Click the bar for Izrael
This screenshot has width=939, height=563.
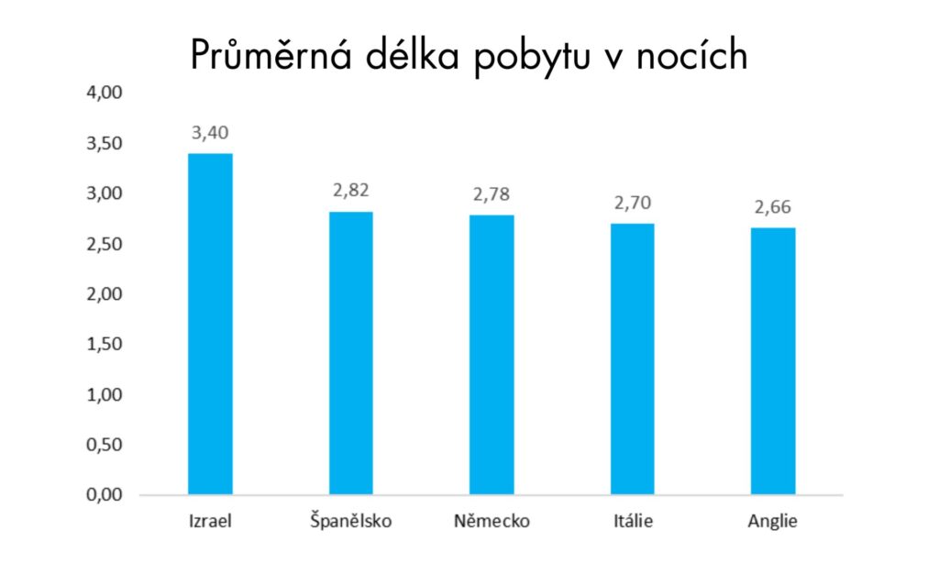(x=210, y=324)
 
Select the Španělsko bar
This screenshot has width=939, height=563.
(x=350, y=353)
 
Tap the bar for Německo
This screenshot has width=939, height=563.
(x=492, y=355)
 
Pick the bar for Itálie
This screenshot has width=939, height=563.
(x=632, y=359)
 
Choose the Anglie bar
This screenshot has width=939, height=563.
(x=773, y=361)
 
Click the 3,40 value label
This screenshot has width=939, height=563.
(x=210, y=134)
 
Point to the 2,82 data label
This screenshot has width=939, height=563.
(x=350, y=192)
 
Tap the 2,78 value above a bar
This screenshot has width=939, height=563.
(x=492, y=195)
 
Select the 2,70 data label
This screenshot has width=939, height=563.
(x=632, y=204)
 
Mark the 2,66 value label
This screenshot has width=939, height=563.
(x=773, y=207)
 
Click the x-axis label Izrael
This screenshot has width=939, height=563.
(x=210, y=523)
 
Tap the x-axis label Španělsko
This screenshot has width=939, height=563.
(x=350, y=523)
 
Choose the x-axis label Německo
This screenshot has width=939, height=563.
(x=492, y=523)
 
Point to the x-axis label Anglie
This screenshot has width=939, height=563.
(x=773, y=523)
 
